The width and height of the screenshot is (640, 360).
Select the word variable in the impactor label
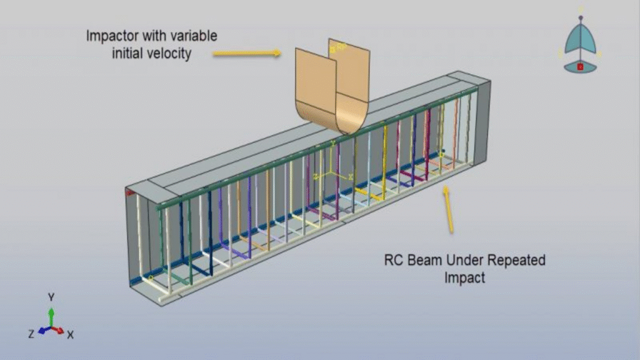[x=194, y=36]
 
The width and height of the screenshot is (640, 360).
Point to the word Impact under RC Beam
[x=464, y=278]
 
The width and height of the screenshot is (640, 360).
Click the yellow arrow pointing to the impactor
[x=247, y=52]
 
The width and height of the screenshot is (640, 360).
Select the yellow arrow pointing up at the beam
[x=448, y=209]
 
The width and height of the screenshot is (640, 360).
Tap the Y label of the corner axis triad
[x=51, y=297]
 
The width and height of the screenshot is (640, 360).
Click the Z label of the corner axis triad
[x=31, y=334]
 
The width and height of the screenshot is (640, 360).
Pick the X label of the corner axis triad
[x=70, y=335]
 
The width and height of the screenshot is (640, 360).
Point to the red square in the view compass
[x=580, y=67]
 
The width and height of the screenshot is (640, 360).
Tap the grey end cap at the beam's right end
[x=483, y=122]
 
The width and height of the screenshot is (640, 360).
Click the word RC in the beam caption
[x=394, y=260]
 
